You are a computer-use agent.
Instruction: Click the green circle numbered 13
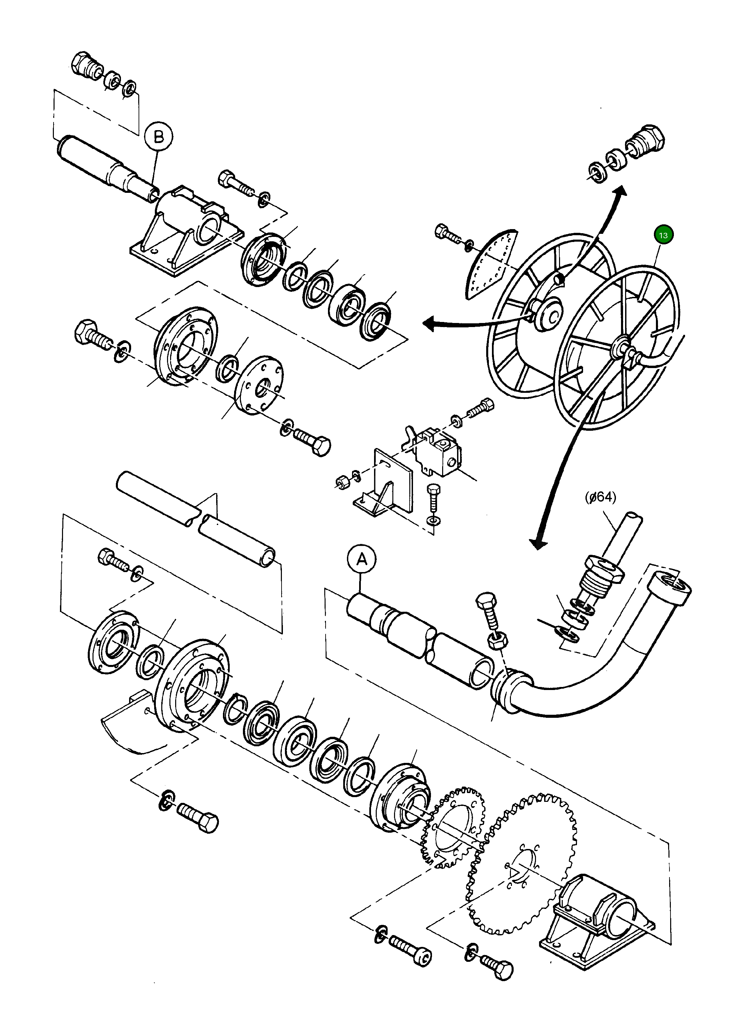(x=663, y=235)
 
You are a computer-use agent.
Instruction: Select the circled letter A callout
(x=361, y=559)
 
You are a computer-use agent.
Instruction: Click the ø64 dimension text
(x=600, y=497)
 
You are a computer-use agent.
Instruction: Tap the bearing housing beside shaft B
(x=187, y=232)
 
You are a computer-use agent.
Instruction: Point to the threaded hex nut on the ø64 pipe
(x=602, y=570)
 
